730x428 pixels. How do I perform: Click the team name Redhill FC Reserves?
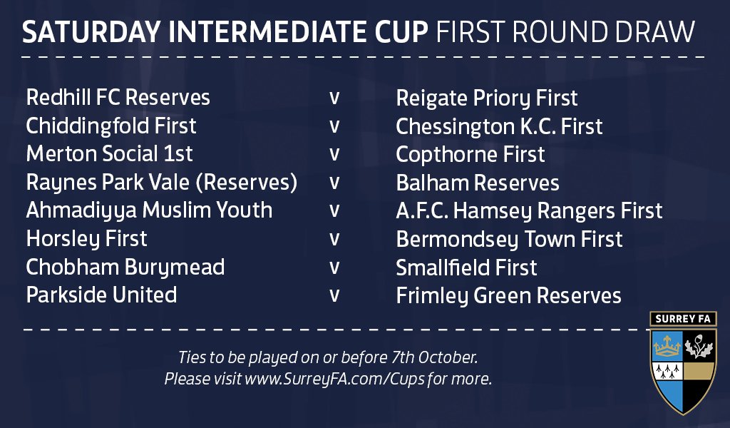pos(118,98)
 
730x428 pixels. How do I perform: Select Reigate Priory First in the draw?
pos(486,98)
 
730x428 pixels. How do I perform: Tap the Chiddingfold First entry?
pos(111,126)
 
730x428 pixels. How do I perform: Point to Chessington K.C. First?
pos(499,126)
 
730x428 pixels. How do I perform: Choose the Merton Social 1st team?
pos(109,154)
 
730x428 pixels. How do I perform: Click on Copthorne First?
pos(471,154)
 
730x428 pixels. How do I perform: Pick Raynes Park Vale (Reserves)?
pos(161,183)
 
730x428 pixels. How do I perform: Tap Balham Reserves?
pos(478,183)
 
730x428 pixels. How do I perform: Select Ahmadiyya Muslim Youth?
pos(149,210)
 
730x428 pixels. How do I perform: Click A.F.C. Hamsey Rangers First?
pos(529,210)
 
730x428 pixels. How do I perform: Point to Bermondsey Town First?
pos(509,239)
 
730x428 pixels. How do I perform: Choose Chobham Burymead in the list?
pos(125,267)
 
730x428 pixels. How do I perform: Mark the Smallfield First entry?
pos(466,267)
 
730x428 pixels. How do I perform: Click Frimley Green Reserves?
pos(508,295)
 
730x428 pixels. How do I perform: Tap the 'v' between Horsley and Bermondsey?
pos(334,240)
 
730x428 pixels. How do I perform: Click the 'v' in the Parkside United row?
pos(334,296)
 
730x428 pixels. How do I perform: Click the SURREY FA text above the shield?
pos(683,320)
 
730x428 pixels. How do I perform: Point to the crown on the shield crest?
pos(667,347)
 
